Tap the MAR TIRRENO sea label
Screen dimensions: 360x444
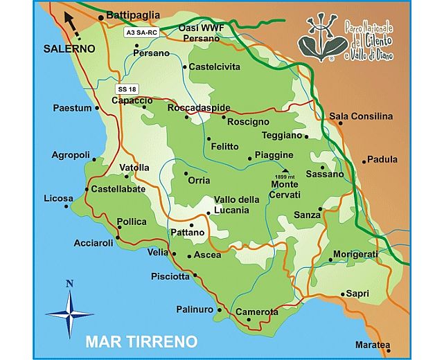141,342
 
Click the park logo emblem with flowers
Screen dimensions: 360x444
321,39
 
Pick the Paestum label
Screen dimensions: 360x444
72,108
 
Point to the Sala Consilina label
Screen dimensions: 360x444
360,116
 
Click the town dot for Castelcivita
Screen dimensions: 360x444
184,67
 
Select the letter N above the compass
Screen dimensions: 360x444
69,283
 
